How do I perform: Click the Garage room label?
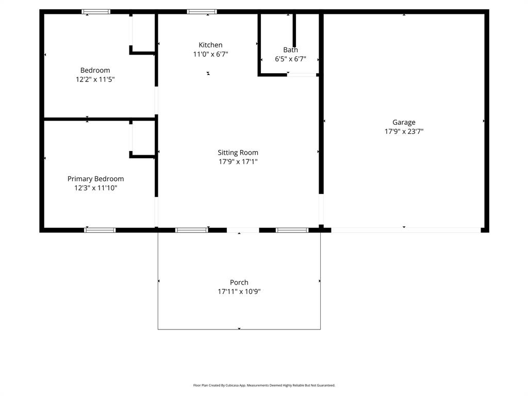pos(404,122)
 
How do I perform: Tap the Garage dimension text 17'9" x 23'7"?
pos(404,131)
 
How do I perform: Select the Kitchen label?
pos(210,45)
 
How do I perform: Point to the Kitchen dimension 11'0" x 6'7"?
pos(210,54)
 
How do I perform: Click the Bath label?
pos(290,50)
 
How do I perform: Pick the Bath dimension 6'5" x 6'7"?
pos(290,59)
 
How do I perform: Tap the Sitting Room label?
pos(238,153)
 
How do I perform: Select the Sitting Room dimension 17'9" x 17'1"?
pos(238,162)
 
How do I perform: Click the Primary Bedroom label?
pos(95,179)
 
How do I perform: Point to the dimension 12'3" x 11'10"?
pos(95,188)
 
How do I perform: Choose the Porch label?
pos(239,283)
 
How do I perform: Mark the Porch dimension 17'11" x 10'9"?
pos(239,292)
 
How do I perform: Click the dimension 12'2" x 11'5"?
pos(95,80)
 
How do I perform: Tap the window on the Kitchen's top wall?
pos(202,11)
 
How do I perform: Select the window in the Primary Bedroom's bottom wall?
pos(100,230)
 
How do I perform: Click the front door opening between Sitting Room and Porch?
pos(242,230)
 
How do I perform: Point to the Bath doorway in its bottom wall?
pos(302,75)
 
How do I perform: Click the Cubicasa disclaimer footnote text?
pos(264,385)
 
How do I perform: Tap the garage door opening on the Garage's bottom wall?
pos(406,230)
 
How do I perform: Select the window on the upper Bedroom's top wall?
pos(96,11)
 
